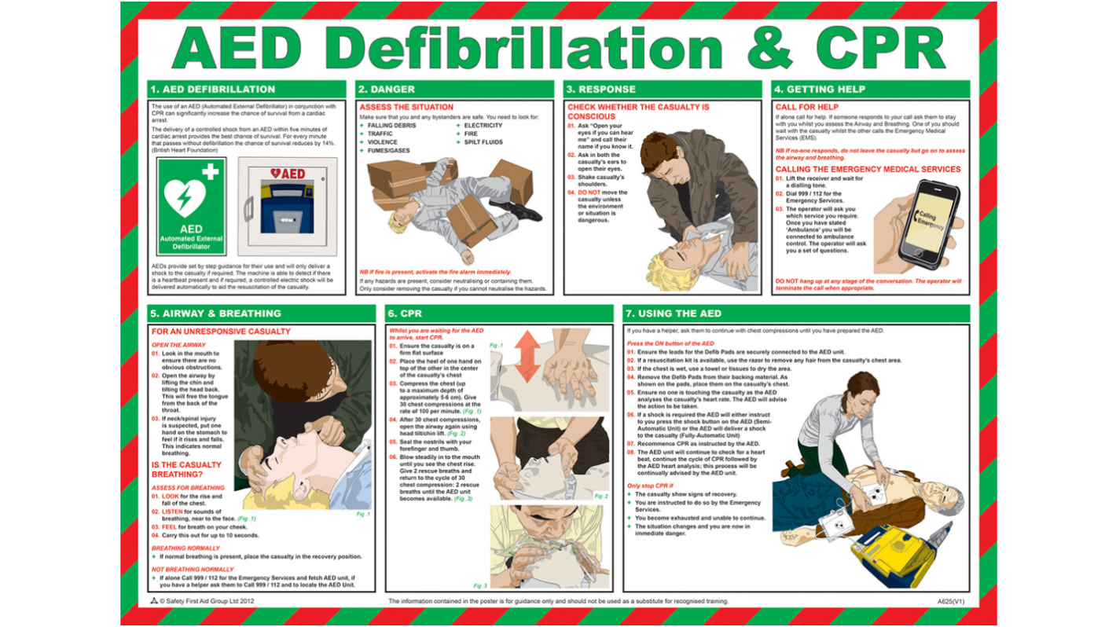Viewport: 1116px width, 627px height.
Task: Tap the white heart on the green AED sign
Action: [185, 196]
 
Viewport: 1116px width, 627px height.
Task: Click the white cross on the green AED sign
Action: [211, 172]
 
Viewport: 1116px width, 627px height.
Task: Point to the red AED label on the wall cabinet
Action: [288, 174]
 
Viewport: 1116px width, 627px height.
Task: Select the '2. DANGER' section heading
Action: [386, 89]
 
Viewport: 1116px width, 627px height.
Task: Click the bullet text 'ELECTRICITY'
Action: [483, 126]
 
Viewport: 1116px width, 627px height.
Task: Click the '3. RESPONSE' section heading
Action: [601, 89]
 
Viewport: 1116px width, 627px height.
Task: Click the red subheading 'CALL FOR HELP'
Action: [807, 107]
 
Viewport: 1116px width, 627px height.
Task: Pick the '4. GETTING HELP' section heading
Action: [819, 89]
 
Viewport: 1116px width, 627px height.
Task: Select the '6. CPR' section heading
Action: [405, 313]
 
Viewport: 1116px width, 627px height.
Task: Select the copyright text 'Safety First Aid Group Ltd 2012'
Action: [207, 601]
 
